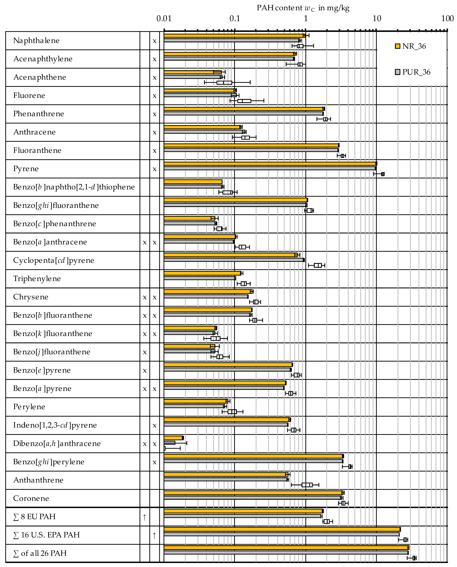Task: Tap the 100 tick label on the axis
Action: [x=447, y=18]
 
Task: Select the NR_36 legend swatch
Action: [x=397, y=46]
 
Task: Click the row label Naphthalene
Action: [x=36, y=40]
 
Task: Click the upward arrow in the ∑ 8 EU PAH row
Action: [x=145, y=517]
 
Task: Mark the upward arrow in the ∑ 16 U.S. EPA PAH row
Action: [x=155, y=535]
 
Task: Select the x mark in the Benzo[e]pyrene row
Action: [x=145, y=371]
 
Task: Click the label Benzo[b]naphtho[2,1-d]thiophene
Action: [x=74, y=187]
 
